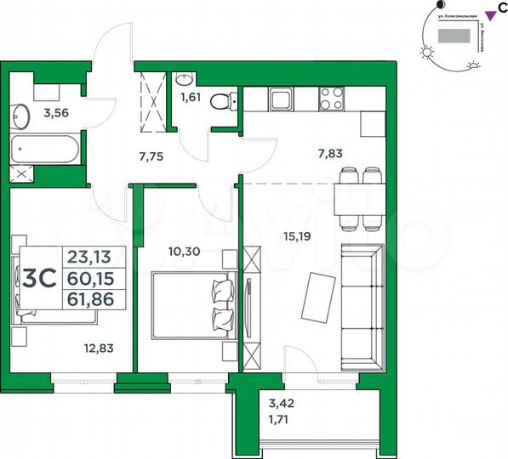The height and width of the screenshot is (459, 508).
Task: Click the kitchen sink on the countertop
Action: (x=281, y=100)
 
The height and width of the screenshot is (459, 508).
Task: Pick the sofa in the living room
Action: (x=362, y=299)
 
